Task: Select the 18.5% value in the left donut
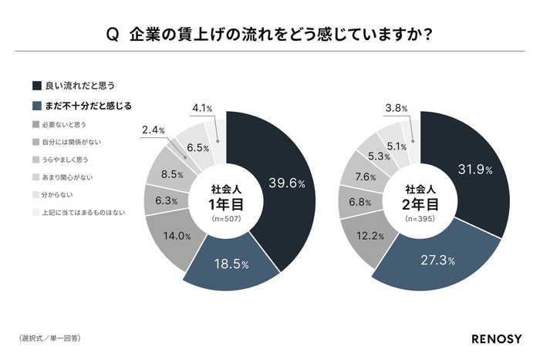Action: point(231,264)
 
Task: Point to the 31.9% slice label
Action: point(476,170)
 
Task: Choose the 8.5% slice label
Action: point(172,174)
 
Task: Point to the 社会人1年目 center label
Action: point(228,199)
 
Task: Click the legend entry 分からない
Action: point(57,194)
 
